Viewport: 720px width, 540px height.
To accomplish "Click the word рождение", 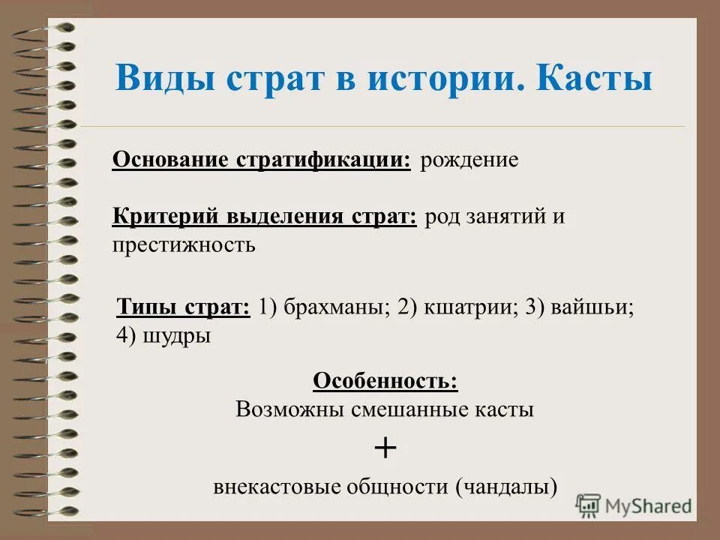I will click(x=469, y=160).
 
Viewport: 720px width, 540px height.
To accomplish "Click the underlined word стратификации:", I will click(x=323, y=160).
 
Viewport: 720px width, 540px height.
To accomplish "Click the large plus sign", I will click(x=385, y=448).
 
